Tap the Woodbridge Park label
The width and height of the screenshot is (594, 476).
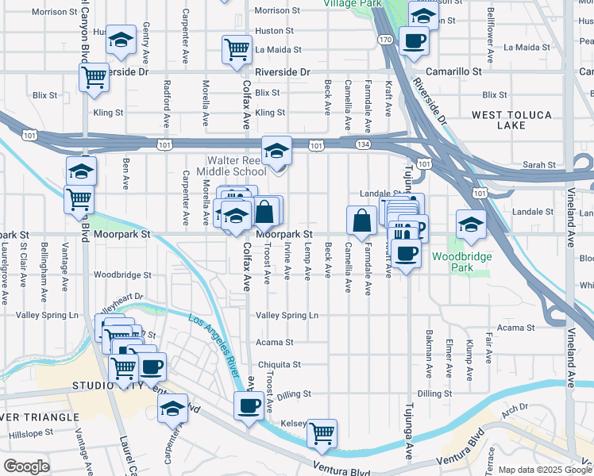pyautogui.click(x=461, y=262)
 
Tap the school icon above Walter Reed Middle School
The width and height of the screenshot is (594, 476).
pyautogui.click(x=276, y=150)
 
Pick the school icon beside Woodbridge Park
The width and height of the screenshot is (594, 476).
pyautogui.click(x=471, y=225)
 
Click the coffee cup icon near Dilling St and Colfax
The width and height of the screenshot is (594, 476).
pyautogui.click(x=249, y=407)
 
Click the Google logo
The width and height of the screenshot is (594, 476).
pyautogui.click(x=26, y=466)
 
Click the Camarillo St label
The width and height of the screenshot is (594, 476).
pyautogui.click(x=453, y=71)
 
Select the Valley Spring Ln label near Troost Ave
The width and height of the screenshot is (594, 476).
pyautogui.click(x=287, y=315)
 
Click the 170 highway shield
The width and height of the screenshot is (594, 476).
pyautogui.click(x=385, y=39)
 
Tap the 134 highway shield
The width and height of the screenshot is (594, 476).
pyautogui.click(x=363, y=144)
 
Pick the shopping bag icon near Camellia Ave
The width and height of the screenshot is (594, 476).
pyautogui.click(x=361, y=221)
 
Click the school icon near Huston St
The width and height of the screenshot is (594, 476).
pyautogui.click(x=120, y=41)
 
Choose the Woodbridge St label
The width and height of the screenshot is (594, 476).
pyautogui.click(x=122, y=275)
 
